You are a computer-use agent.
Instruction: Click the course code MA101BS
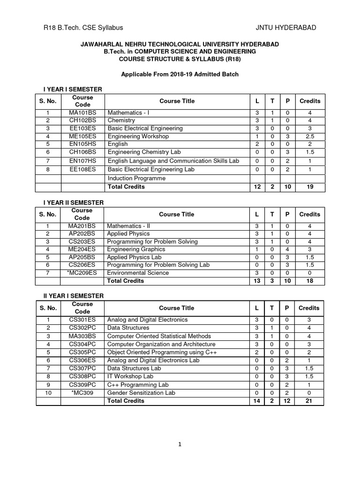click(x=82, y=113)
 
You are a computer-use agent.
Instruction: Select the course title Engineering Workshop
click(x=138, y=136)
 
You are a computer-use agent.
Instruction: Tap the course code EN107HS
click(x=82, y=161)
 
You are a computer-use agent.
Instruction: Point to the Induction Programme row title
click(x=136, y=179)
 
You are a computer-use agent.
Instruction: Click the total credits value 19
click(x=309, y=187)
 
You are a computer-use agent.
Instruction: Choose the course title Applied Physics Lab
click(x=134, y=257)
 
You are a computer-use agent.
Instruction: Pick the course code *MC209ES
click(x=82, y=273)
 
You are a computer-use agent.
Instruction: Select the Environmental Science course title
click(x=138, y=273)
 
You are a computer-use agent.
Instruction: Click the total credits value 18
click(x=309, y=281)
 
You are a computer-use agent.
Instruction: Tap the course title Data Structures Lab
click(x=134, y=368)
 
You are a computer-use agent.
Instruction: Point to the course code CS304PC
click(x=82, y=344)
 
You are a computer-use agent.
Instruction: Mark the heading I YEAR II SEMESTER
click(x=70, y=202)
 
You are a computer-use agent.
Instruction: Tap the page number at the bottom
click(x=180, y=445)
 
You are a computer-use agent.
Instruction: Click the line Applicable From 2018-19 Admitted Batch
click(x=180, y=74)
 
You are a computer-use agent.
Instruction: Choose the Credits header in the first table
click(x=309, y=101)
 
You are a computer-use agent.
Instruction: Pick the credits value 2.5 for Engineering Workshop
click(x=309, y=136)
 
